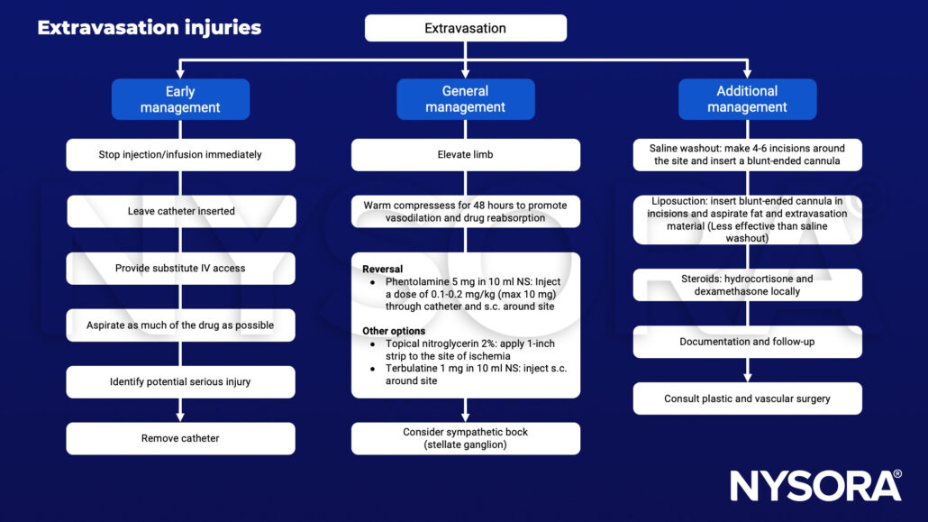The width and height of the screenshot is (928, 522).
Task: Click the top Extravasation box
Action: click(465, 28)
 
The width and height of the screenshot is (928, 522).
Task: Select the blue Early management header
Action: click(180, 99)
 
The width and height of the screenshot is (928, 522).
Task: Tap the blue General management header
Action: click(465, 99)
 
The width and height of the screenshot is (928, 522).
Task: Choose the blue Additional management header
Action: click(747, 99)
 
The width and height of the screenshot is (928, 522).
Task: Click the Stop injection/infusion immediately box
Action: click(180, 154)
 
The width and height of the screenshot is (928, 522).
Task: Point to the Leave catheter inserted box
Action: click(180, 211)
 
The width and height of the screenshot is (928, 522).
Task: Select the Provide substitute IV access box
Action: click(180, 268)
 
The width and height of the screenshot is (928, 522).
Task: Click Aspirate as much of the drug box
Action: click(180, 325)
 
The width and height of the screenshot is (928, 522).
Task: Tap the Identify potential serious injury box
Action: click(180, 381)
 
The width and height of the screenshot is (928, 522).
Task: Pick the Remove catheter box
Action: click(180, 438)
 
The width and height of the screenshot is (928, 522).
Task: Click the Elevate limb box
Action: click(465, 154)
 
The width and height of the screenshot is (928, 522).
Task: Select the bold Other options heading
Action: click(395, 330)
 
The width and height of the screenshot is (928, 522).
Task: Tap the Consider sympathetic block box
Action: click(465, 438)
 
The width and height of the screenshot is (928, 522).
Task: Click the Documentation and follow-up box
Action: click(747, 342)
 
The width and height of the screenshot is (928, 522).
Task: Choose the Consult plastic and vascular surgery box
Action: click(747, 398)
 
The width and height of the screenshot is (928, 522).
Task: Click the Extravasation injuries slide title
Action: click(149, 28)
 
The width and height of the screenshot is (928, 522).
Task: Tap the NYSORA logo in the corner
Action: click(814, 485)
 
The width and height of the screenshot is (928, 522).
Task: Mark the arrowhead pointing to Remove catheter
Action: click(180, 417)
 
